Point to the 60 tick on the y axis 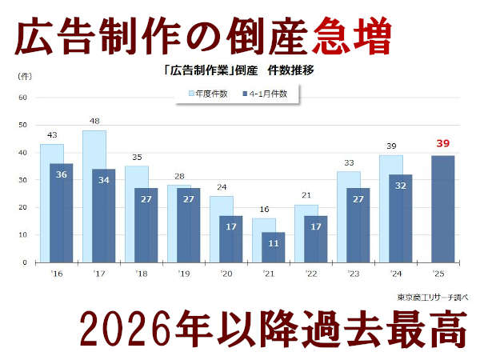23,98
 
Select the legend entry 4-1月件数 268,94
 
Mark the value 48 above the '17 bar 95,122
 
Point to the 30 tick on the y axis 23,180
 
